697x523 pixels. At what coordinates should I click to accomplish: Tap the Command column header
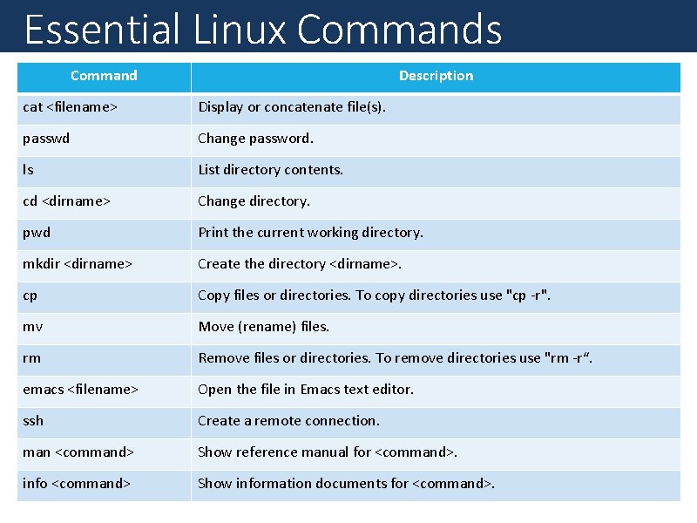(x=104, y=76)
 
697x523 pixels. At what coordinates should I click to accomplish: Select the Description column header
(x=436, y=76)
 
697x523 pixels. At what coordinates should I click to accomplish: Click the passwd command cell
(x=46, y=139)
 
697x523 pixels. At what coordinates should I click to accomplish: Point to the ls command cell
(x=29, y=170)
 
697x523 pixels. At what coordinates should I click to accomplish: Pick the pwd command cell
(x=37, y=233)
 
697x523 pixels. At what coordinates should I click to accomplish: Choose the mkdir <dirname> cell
(x=78, y=264)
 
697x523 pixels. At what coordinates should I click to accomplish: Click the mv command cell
(x=33, y=327)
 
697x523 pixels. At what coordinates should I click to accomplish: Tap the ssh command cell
(x=33, y=421)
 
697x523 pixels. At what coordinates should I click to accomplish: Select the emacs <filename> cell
(x=80, y=390)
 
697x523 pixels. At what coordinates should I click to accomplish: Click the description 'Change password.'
(x=255, y=139)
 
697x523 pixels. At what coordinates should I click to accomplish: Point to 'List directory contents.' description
(x=270, y=170)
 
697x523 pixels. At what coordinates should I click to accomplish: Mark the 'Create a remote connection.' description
(x=288, y=421)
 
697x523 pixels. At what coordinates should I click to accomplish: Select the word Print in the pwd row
(x=213, y=233)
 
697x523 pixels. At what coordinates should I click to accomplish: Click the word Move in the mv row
(x=216, y=327)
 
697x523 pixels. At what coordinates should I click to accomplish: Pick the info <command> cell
(x=77, y=484)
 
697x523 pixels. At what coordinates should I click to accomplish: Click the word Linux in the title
(x=240, y=29)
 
